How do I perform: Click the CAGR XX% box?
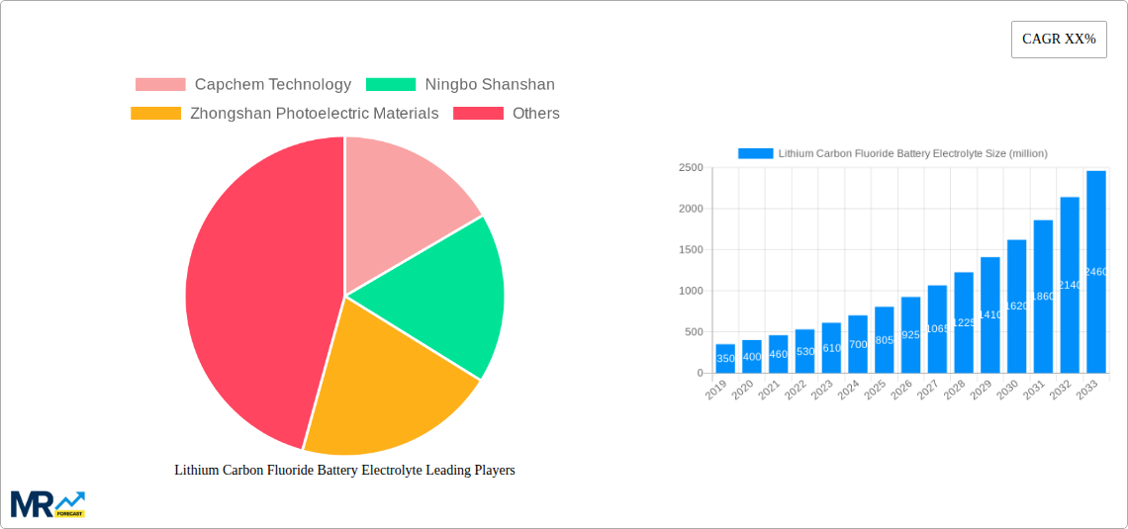tap(1058, 40)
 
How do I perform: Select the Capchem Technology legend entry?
tap(242, 85)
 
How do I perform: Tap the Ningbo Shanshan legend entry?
tap(460, 85)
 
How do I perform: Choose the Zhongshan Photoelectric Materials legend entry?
tap(284, 114)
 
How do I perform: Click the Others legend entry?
tap(506, 114)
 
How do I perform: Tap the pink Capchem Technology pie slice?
tap(406, 198)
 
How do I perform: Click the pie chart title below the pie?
tap(344, 471)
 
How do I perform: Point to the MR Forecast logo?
tap(47, 503)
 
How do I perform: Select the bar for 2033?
tap(1095, 272)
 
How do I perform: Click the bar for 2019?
tap(725, 359)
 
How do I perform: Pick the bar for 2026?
tap(910, 335)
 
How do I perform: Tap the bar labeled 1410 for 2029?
tap(990, 315)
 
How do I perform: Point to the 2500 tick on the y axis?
tap(690, 168)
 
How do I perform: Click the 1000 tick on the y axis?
tap(690, 291)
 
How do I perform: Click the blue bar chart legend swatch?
tap(755, 153)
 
